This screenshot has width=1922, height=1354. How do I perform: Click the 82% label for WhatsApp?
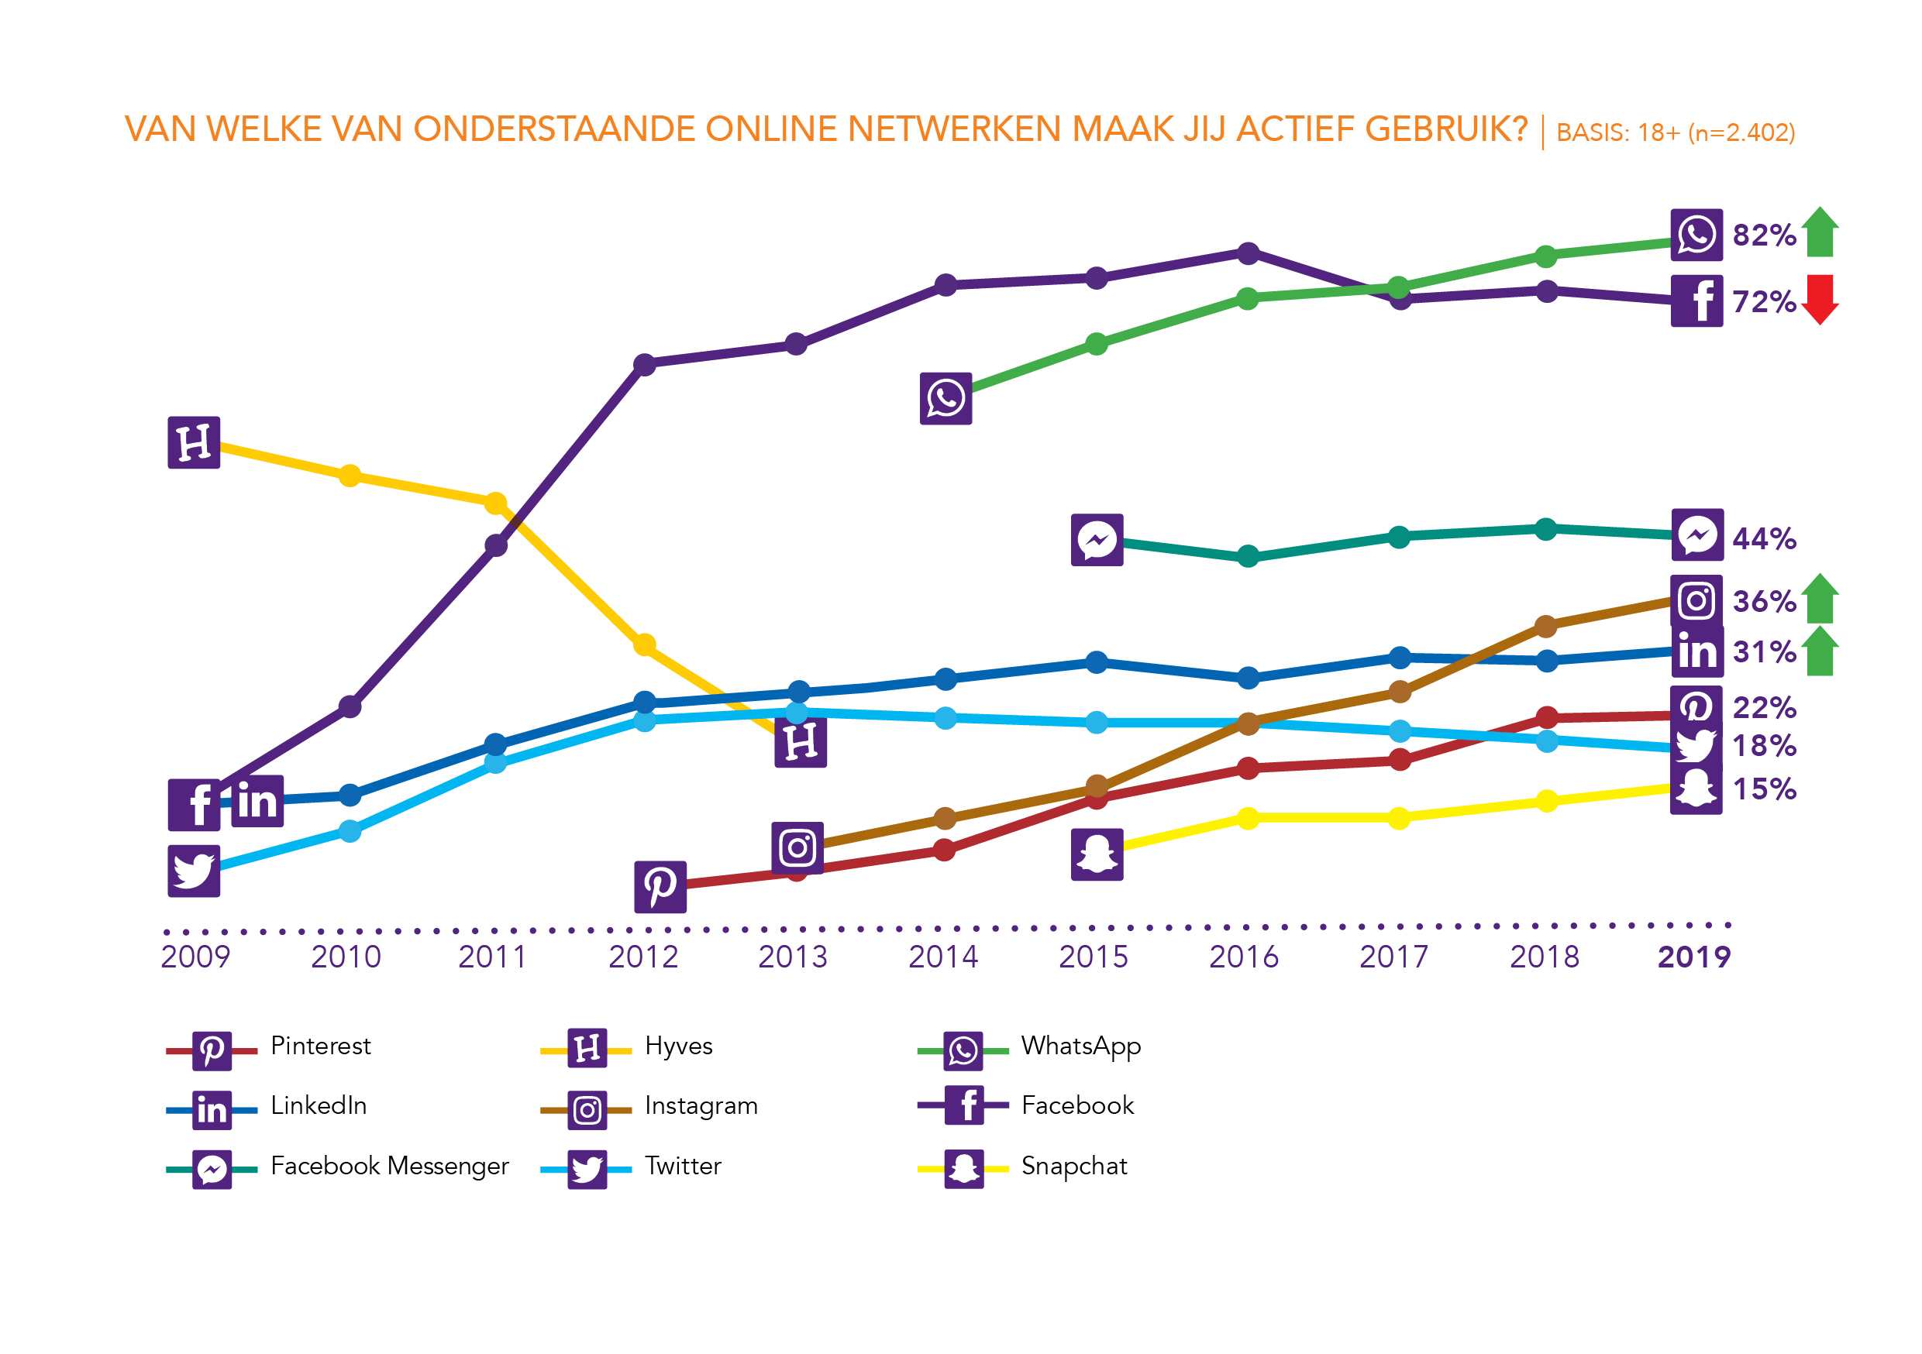click(x=1764, y=235)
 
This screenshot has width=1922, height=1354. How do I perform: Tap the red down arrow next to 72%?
click(x=1820, y=300)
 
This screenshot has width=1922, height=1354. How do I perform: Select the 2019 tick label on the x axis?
click(x=1693, y=957)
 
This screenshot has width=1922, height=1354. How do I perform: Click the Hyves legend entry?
click(x=678, y=1046)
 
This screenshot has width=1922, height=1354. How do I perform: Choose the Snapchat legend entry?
click(x=1074, y=1166)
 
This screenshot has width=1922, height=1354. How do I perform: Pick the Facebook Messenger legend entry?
click(x=389, y=1166)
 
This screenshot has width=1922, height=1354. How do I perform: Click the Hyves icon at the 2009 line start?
click(x=195, y=443)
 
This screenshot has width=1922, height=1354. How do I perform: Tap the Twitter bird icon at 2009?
click(x=195, y=871)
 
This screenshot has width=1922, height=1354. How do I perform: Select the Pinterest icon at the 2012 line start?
click(x=660, y=886)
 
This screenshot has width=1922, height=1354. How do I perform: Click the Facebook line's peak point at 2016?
click(x=1248, y=253)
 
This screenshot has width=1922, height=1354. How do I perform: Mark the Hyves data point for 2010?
click(x=350, y=476)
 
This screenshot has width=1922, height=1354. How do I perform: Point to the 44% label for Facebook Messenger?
click(x=1764, y=539)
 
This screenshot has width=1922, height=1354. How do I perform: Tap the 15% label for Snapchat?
click(x=1764, y=789)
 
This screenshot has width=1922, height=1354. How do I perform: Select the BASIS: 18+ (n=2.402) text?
click(x=1675, y=133)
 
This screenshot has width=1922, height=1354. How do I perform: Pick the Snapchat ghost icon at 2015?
click(x=1097, y=854)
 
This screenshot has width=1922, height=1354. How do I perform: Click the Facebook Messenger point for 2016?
click(x=1248, y=556)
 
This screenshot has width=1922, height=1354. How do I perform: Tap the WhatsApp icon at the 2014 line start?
click(x=946, y=398)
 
